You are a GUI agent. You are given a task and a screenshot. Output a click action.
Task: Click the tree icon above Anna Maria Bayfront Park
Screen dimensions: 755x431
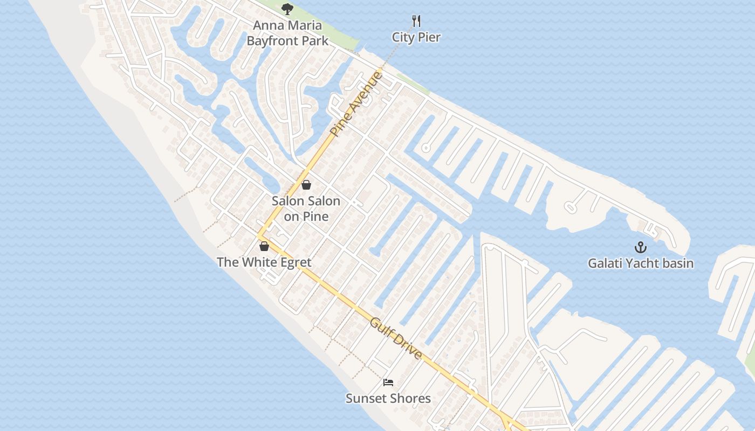point(287,9)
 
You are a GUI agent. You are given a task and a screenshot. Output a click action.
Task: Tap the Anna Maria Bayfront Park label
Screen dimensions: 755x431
point(287,33)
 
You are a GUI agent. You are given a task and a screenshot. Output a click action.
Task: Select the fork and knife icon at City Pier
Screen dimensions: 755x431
point(416,21)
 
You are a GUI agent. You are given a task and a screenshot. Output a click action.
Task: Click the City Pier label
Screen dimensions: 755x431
point(416,37)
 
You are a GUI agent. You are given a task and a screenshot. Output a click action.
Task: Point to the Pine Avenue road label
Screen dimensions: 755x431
point(356,103)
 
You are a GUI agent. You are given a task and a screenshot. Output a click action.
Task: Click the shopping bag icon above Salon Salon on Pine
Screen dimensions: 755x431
point(306,185)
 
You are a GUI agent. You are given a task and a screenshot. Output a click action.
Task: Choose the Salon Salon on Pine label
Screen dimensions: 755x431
point(306,208)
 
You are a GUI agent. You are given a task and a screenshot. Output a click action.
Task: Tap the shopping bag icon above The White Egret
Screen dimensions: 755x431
point(264,246)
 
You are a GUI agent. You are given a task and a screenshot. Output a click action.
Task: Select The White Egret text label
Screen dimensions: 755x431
point(264,262)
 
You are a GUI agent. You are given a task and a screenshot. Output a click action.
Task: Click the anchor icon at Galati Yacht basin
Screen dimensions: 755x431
point(640,247)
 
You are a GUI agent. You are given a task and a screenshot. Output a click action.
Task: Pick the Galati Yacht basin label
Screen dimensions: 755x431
point(640,263)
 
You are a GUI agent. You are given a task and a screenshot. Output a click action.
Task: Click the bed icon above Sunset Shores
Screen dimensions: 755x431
point(388,383)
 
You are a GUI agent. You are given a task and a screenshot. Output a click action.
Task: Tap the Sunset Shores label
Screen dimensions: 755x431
point(388,399)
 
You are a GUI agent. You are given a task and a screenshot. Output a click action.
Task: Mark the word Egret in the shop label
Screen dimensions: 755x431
point(294,262)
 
